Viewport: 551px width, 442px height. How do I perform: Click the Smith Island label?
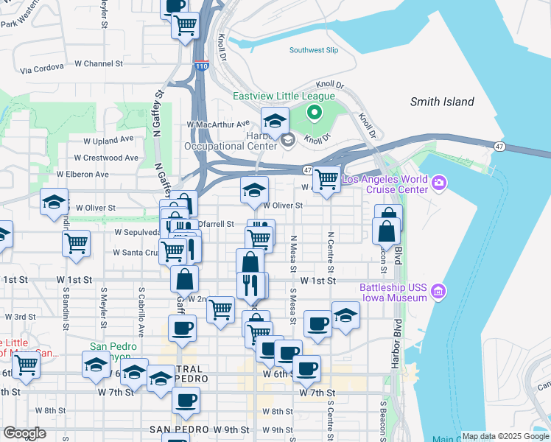(x=442, y=102)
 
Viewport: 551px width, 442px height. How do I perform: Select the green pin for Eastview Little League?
(x=314, y=113)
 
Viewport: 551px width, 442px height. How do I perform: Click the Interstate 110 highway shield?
(x=201, y=66)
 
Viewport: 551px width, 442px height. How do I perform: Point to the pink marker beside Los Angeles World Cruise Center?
(x=440, y=182)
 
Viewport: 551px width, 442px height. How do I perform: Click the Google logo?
(x=24, y=433)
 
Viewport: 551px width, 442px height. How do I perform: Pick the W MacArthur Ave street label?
(x=219, y=124)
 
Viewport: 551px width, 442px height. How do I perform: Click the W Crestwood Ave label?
(x=107, y=158)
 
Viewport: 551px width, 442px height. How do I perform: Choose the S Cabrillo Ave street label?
(x=138, y=301)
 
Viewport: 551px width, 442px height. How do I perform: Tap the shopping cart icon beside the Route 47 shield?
(x=326, y=179)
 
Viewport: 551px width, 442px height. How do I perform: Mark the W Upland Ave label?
(x=108, y=139)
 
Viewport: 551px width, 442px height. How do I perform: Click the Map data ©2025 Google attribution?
(x=505, y=436)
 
